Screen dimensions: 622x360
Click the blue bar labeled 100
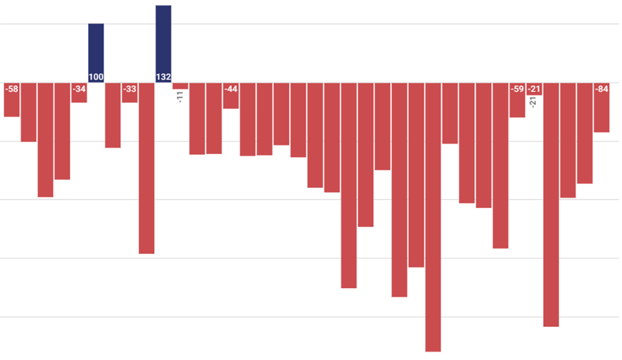point(96,53)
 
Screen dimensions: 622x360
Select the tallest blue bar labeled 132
point(164,43)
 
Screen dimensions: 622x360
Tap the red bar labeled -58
point(11,100)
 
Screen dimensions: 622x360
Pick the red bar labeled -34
point(79,92)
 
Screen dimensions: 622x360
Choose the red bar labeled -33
point(130,92)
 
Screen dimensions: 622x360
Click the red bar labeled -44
point(231,95)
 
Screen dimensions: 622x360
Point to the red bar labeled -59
point(518,100)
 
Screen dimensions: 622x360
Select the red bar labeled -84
point(601,108)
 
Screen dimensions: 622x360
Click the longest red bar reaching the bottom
point(433,217)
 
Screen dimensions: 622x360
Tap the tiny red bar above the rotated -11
point(180,86)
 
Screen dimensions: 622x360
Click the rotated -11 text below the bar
point(180,97)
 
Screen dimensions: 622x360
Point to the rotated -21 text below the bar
point(534,102)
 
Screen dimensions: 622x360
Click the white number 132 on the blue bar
point(164,77)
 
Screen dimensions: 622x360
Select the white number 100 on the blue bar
point(96,77)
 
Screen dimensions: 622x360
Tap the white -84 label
point(601,89)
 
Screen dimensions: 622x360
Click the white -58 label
point(11,89)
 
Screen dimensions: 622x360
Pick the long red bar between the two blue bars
point(146,169)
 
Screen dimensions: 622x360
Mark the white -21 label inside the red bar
point(534,89)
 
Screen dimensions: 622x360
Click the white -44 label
point(231,89)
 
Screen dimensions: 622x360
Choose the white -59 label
point(518,89)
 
